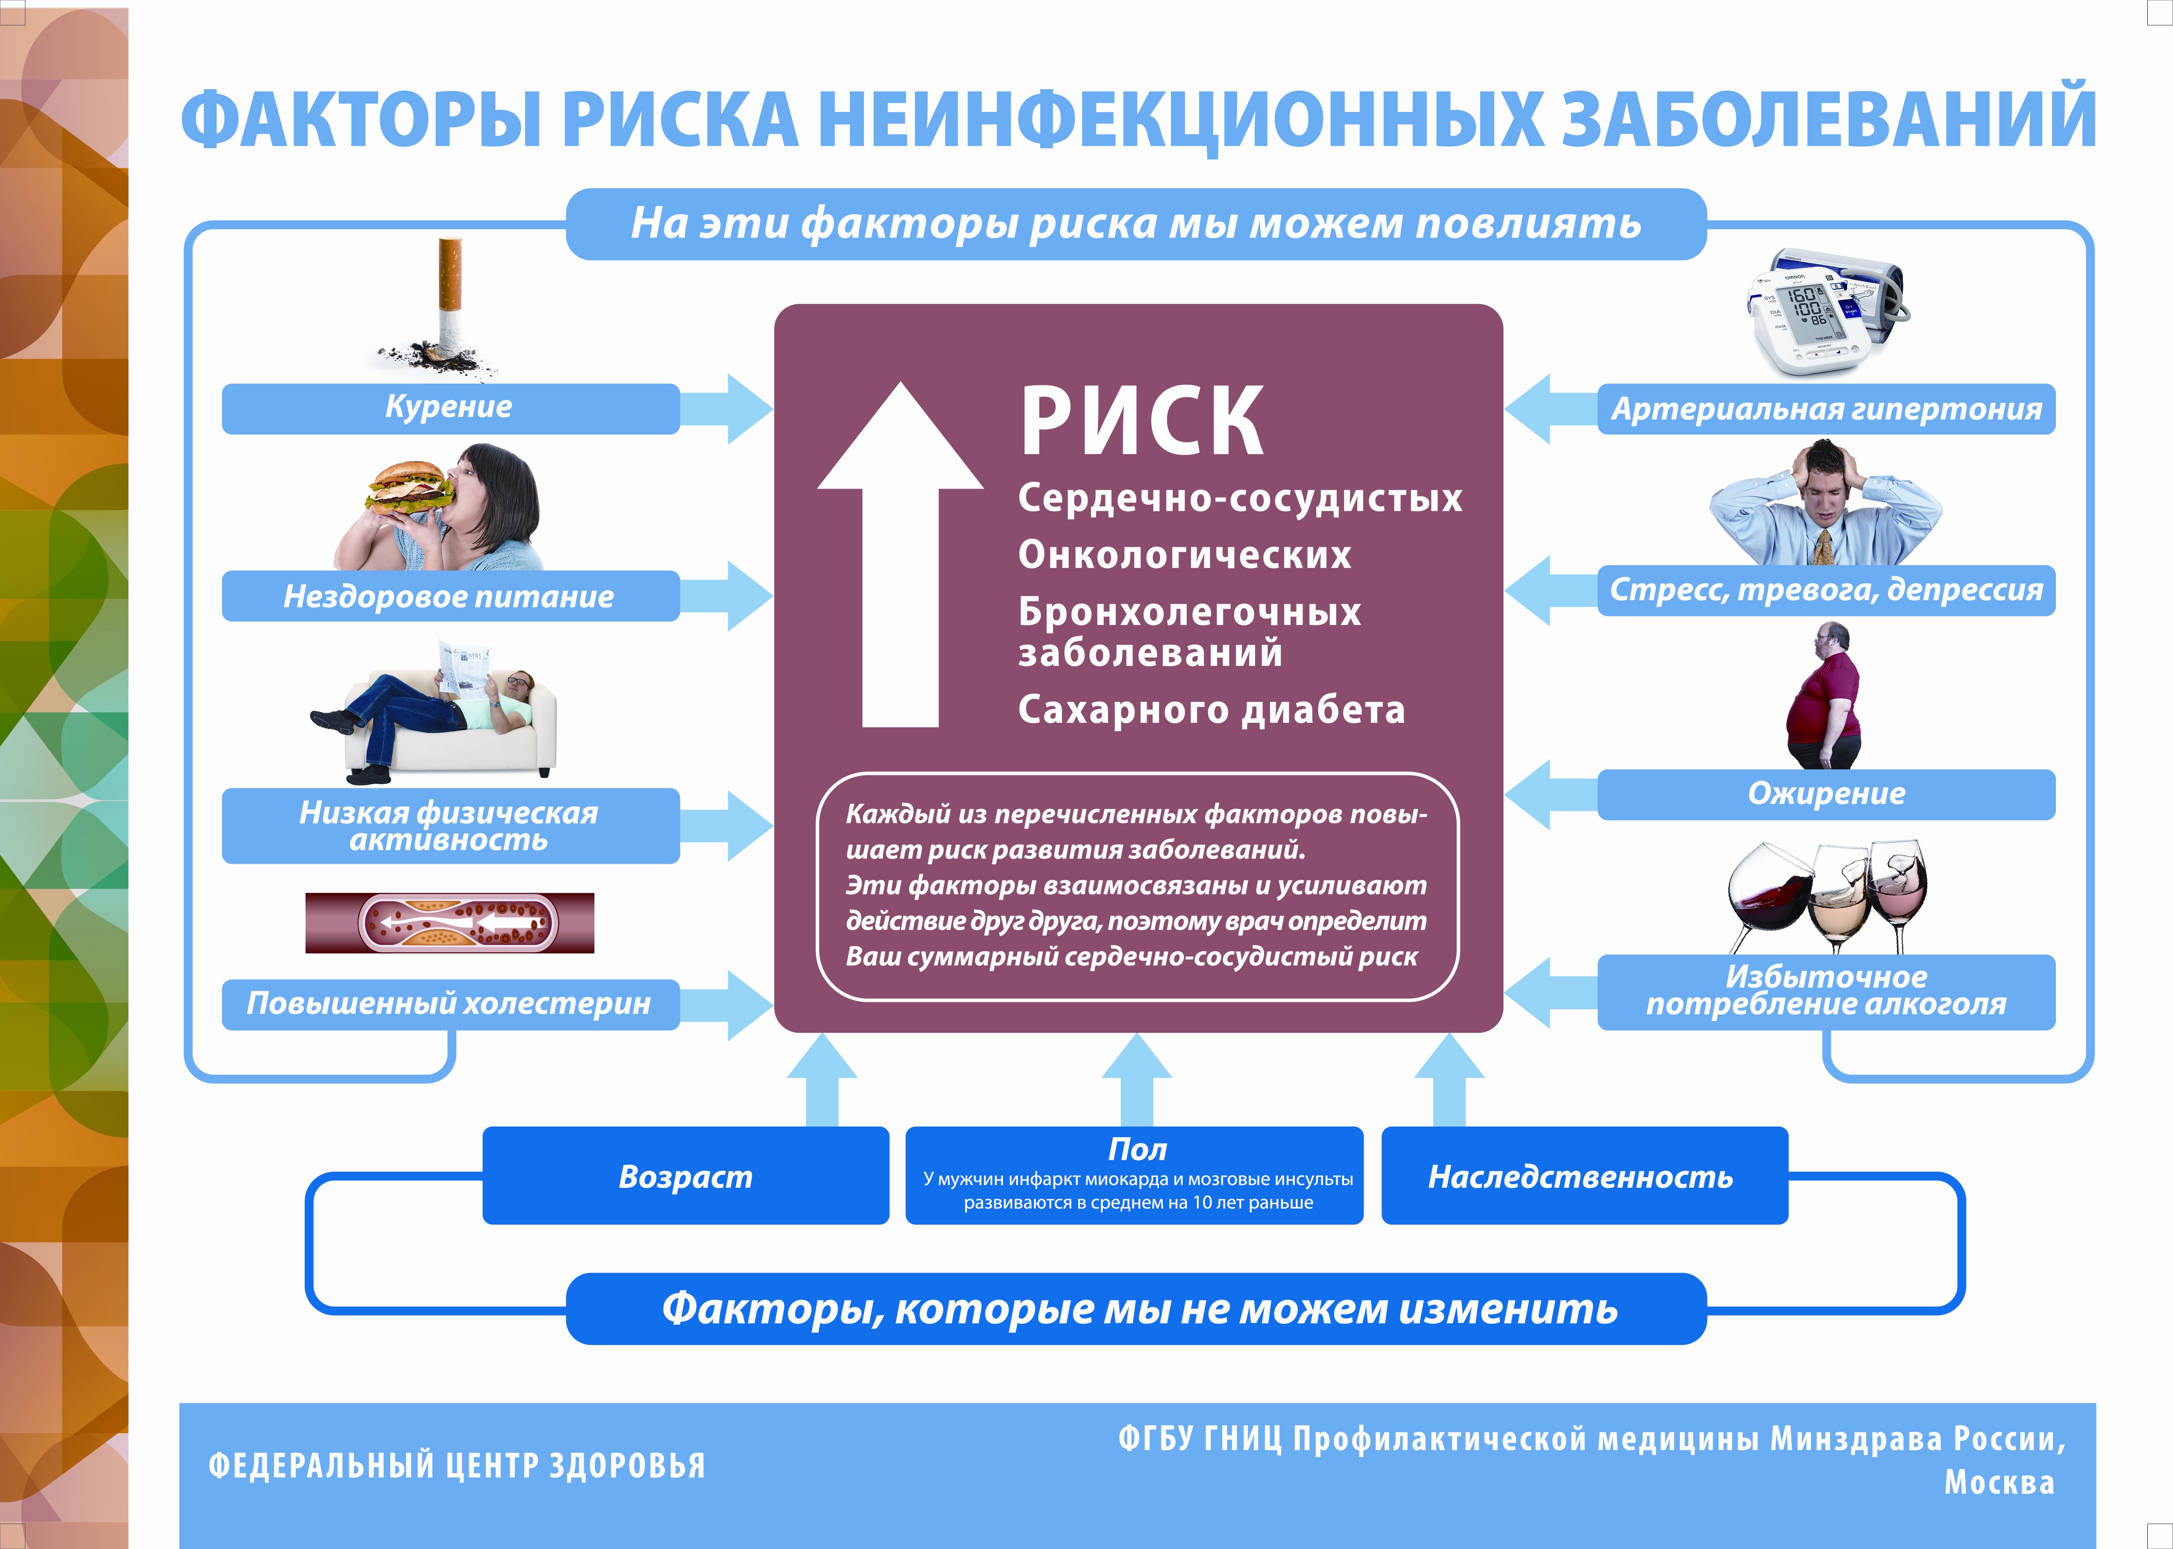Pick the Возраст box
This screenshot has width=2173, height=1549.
[685, 1176]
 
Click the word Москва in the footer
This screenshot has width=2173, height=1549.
[2000, 1482]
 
